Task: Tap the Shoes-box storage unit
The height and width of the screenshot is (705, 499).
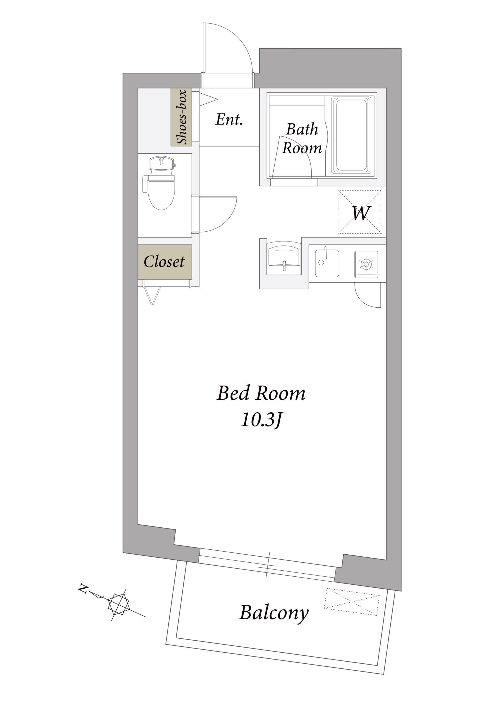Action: (181, 117)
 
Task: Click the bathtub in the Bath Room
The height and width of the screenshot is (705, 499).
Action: (352, 135)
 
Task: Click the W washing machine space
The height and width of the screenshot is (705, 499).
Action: (360, 212)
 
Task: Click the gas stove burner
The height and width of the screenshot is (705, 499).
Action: (366, 264)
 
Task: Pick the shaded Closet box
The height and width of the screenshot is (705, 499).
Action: (165, 262)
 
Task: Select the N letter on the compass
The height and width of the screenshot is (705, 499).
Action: (82, 589)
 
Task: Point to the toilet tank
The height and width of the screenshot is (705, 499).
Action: (161, 164)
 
